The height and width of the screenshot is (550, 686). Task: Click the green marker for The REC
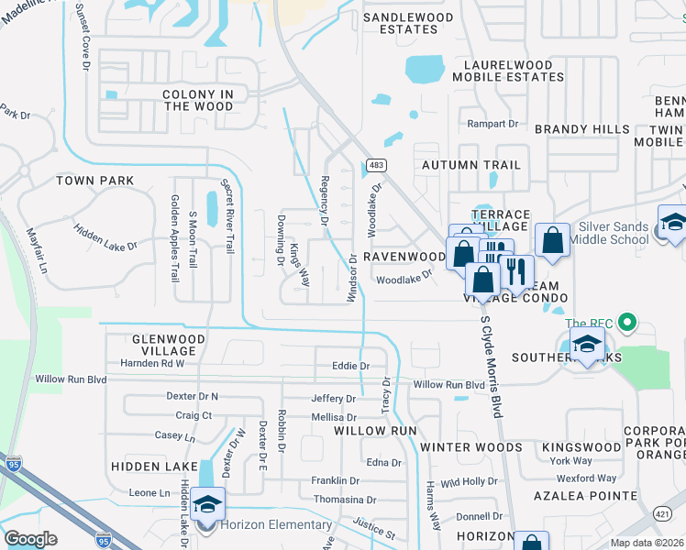627,323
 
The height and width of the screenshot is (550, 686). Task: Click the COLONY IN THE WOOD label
198,100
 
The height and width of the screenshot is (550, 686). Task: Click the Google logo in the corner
31,538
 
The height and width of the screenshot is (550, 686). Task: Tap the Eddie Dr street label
351,366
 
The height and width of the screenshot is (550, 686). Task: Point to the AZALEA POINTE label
585,495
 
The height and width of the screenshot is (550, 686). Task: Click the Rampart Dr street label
494,124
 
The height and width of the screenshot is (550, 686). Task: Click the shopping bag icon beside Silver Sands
552,240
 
